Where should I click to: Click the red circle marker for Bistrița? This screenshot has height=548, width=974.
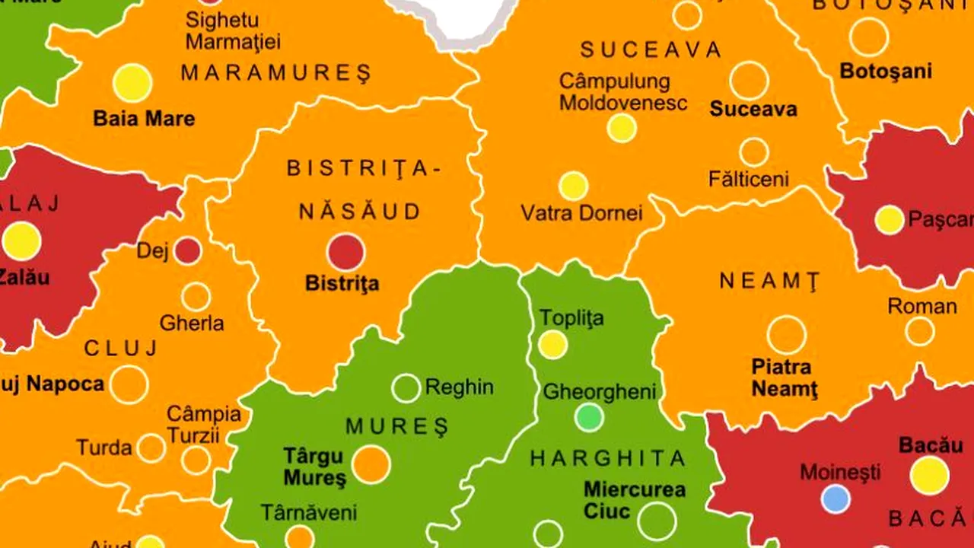tap(346, 252)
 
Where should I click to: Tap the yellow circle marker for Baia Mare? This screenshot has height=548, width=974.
tap(132, 83)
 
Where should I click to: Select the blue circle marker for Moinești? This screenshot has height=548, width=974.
tap(836, 499)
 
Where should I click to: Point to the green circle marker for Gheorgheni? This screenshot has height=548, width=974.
tap(589, 417)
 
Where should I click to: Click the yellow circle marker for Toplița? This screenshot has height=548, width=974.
tap(553, 345)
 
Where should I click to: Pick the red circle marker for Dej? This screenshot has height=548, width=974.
tap(188, 250)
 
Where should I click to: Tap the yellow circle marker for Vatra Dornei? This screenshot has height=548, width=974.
tap(573, 186)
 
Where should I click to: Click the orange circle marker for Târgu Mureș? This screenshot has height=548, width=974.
tap(371, 465)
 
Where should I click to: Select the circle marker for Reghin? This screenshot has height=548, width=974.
tap(406, 388)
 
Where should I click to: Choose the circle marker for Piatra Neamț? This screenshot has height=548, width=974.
tap(786, 335)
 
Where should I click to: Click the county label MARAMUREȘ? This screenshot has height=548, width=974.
tap(276, 73)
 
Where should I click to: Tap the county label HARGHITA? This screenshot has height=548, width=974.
tap(608, 458)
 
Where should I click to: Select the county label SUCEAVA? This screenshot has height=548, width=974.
tap(651, 50)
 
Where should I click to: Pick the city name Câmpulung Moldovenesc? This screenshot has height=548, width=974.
tap(623, 91)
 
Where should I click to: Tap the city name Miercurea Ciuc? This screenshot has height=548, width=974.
tap(634, 500)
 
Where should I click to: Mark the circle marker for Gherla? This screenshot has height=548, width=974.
tap(196, 297)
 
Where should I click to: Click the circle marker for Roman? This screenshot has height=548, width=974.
tap(919, 331)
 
